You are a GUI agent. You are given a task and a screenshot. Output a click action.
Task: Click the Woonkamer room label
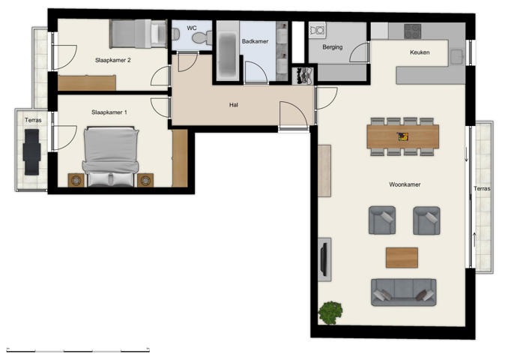pyautogui.click(x=403, y=184)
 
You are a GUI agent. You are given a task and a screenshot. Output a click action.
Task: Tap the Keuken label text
pyautogui.click(x=420, y=52)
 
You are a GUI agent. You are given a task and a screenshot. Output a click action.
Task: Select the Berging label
pyautogui.click(x=332, y=47)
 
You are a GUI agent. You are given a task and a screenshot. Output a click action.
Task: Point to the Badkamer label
pyautogui.click(x=255, y=42)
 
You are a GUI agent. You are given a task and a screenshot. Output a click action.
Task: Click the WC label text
pyautogui.click(x=192, y=28)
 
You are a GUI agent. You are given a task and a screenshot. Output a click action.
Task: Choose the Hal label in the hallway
pyautogui.click(x=234, y=105)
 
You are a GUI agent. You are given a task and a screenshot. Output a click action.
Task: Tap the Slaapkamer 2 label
pyautogui.click(x=113, y=59)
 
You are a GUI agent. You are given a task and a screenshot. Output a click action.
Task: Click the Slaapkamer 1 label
pyautogui.click(x=109, y=112)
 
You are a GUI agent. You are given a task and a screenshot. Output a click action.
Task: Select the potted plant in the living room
pyautogui.click(x=330, y=310)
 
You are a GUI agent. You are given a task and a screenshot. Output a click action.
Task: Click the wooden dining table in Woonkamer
pyautogui.click(x=403, y=136)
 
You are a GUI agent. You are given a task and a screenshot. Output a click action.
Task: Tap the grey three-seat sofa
pyautogui.click(x=403, y=291)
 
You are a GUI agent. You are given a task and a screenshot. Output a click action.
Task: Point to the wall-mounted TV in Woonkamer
pyautogui.click(x=324, y=256)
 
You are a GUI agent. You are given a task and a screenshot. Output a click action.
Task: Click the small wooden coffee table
pyautogui.click(x=402, y=257)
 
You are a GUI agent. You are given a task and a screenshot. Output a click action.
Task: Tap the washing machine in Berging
pyautogui.click(x=318, y=31)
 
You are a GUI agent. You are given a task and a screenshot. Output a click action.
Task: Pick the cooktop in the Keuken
pyautogui.click(x=413, y=31)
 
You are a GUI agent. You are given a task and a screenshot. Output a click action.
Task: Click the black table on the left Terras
pyautogui.click(x=31, y=151)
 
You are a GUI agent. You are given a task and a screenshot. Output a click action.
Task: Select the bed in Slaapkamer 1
pyautogui.click(x=111, y=156)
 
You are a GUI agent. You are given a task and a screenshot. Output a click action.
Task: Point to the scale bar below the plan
pyautogui.click(x=78, y=349)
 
